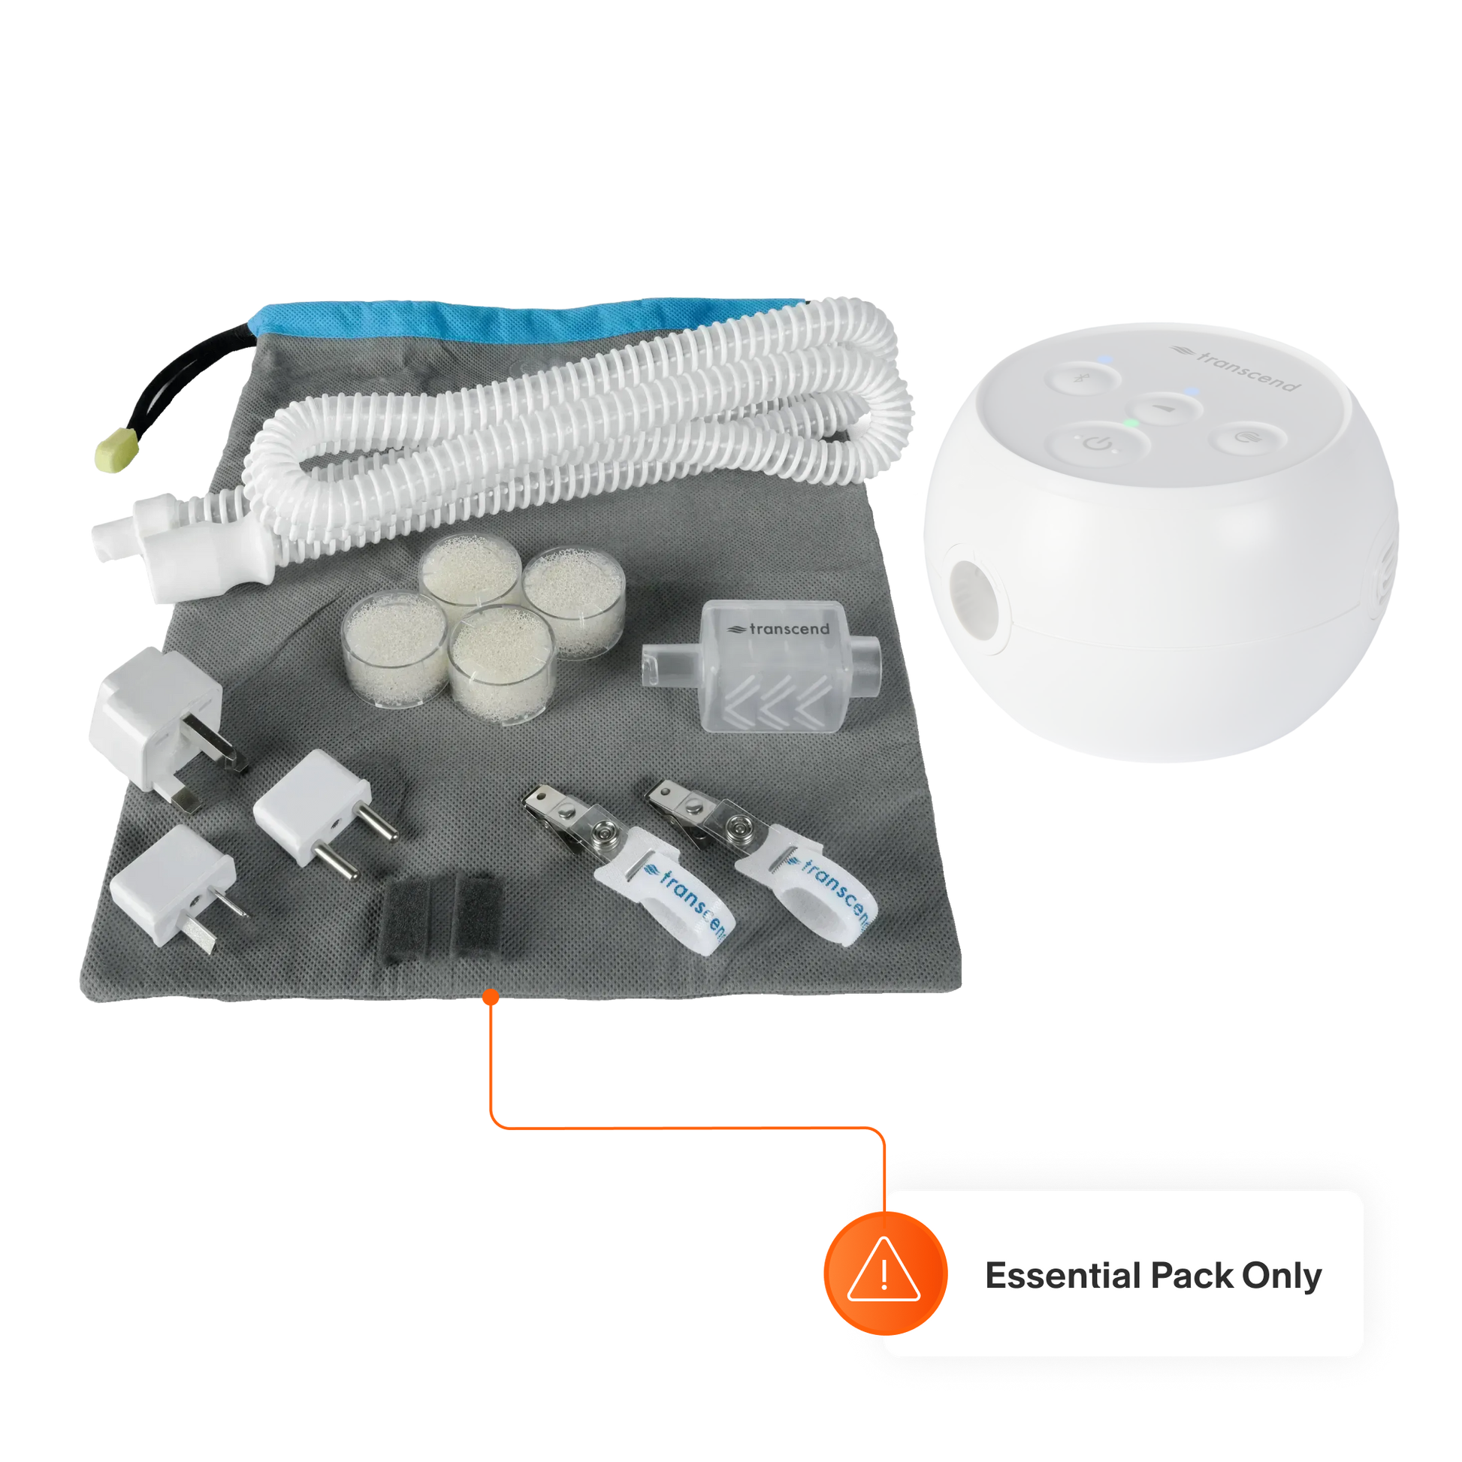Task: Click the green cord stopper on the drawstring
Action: [x=116, y=449]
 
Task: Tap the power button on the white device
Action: [x=1098, y=443]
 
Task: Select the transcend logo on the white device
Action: [x=1235, y=369]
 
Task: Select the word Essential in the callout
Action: [x=1062, y=1275]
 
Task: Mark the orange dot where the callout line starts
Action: [x=491, y=998]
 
